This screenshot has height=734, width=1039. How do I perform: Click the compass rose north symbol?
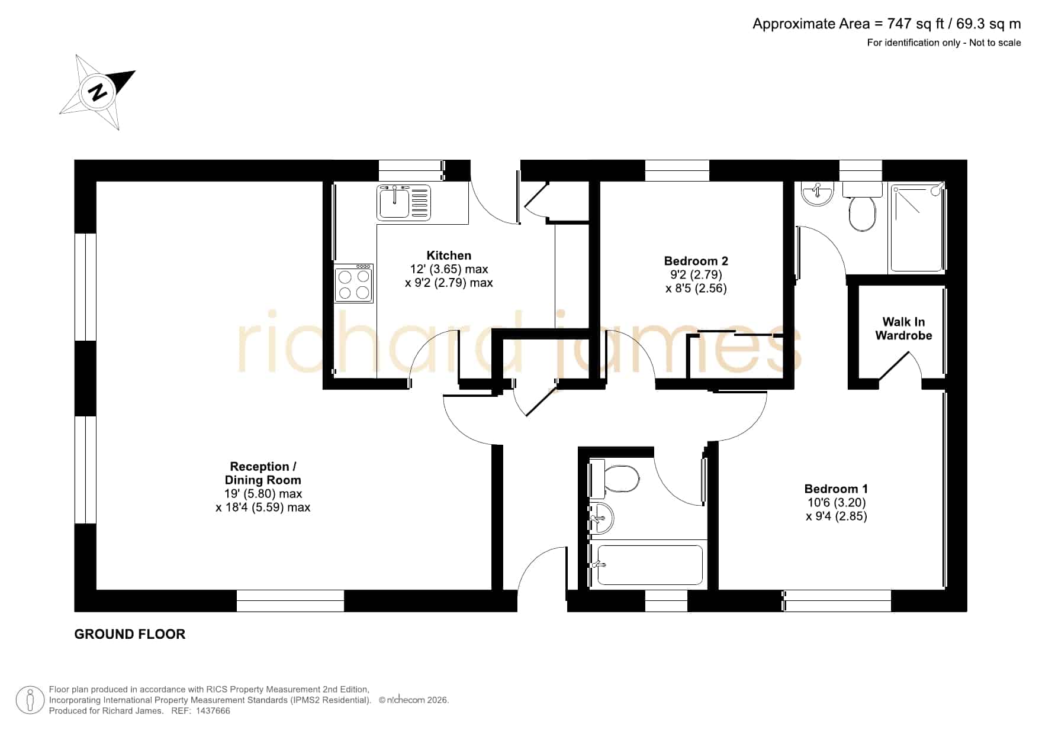coord(98,92)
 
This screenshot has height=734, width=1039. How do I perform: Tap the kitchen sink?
coord(404,202)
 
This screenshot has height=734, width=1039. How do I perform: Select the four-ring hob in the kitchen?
coord(353,284)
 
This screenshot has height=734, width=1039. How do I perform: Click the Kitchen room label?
coord(449,256)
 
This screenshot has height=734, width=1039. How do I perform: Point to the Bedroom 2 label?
coord(696,261)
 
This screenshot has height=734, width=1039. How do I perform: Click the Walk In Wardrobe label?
coord(903,329)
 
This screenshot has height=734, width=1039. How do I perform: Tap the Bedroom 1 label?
coord(836,489)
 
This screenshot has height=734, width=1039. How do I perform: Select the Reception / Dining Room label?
coord(263,473)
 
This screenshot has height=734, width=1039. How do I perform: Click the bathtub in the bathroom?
coord(649,565)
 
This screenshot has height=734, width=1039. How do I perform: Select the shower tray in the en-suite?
coord(916,228)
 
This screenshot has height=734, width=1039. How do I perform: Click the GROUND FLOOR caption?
coord(130,634)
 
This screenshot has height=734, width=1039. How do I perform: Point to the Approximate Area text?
coord(887,24)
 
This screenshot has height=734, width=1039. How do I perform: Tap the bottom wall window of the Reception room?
coord(290,600)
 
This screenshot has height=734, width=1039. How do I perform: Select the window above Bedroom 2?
coord(677,170)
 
